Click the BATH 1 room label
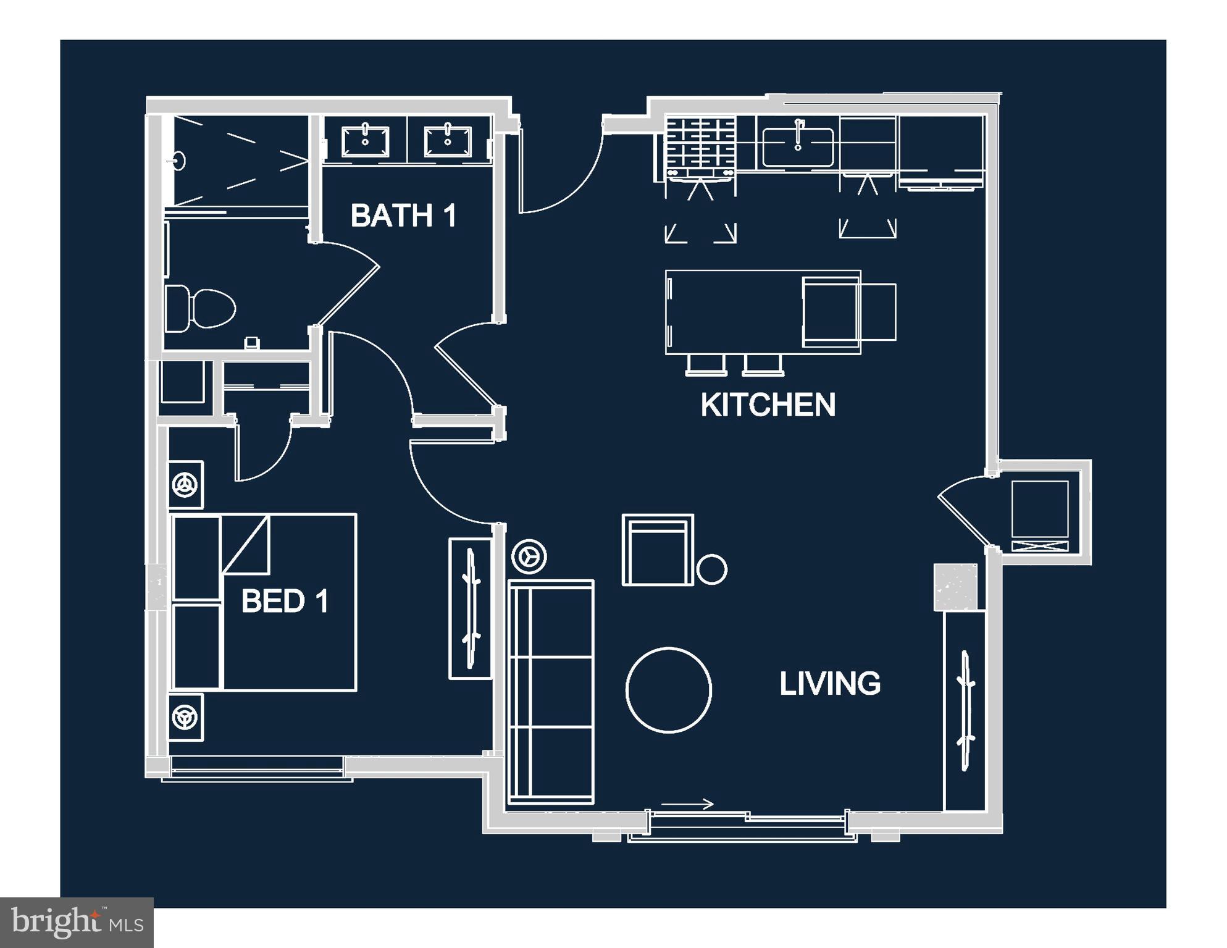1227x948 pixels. pyautogui.click(x=403, y=216)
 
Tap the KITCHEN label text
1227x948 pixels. pyautogui.click(x=768, y=405)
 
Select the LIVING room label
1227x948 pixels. pyautogui.click(x=829, y=684)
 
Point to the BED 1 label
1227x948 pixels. pyautogui.click(x=285, y=601)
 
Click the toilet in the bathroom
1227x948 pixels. pyautogui.click(x=201, y=308)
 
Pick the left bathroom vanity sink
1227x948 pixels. pyautogui.click(x=366, y=141)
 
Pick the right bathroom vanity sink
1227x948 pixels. pyautogui.click(x=448, y=141)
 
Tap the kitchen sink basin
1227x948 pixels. pyautogui.click(x=798, y=147)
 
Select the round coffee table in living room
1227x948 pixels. pyautogui.click(x=669, y=690)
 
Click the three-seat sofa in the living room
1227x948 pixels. pyautogui.click(x=551, y=692)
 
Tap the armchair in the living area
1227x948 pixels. pyautogui.click(x=658, y=550)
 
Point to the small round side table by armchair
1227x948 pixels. pyautogui.click(x=711, y=569)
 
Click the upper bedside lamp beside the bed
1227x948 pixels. pyautogui.click(x=186, y=484)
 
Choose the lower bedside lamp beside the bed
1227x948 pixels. pyautogui.click(x=186, y=718)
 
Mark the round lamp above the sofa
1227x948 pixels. pyautogui.click(x=529, y=556)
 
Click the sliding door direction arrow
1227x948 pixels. pyautogui.click(x=687, y=803)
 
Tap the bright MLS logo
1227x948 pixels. pyautogui.click(x=77, y=923)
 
